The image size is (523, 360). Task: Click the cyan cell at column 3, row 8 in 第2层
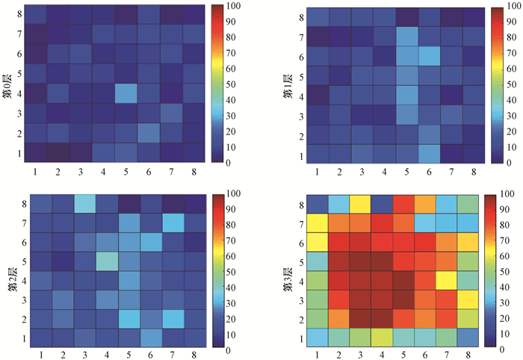(84, 204)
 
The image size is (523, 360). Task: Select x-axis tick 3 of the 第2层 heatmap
(84, 354)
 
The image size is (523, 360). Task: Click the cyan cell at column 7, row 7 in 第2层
(172, 223)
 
